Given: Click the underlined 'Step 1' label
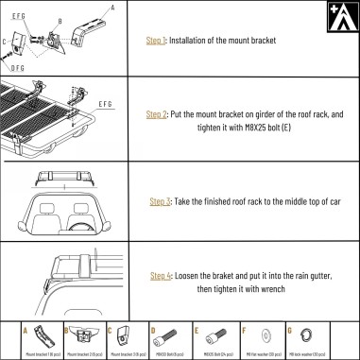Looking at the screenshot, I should click(x=157, y=42).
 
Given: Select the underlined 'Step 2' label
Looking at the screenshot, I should click(x=158, y=114).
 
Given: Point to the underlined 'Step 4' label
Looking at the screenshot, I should click(x=161, y=275).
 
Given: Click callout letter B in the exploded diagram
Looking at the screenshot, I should click(x=60, y=18).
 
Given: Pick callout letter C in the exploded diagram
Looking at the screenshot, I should click(x=6, y=43).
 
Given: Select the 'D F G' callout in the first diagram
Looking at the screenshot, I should click(x=19, y=68).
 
